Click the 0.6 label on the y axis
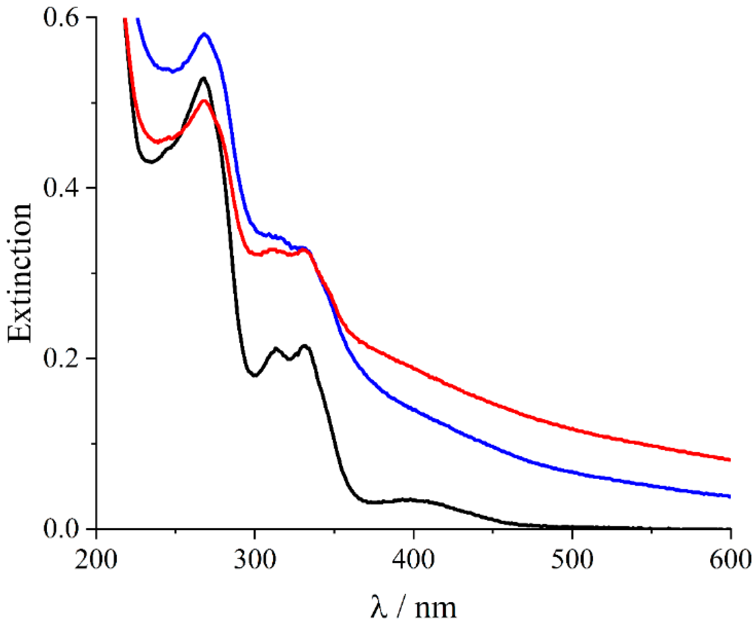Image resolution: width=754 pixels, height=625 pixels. pos(61,18)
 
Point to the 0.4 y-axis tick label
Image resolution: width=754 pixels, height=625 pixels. pos(61,188)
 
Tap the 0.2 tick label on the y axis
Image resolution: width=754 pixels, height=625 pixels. pos(61,359)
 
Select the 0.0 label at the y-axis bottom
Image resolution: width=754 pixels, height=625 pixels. pos(61,529)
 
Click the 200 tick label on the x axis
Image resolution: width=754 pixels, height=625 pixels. pos(96,560)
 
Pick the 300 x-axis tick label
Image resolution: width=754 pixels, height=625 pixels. pos(255,560)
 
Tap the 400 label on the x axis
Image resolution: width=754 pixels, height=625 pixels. pos(413,560)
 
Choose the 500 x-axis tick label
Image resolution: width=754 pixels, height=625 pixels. pos(572,560)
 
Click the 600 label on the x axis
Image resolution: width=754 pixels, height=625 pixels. pos(730,560)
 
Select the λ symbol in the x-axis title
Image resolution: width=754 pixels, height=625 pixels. pos(379,607)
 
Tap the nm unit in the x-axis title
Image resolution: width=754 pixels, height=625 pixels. pos(435,608)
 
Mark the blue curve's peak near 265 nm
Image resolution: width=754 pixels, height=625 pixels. pos(205,34)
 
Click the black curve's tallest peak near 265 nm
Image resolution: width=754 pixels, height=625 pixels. pos(204,78)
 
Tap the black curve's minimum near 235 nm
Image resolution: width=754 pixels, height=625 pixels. pos(151,162)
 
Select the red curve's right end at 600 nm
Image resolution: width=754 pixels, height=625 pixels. pos(729,460)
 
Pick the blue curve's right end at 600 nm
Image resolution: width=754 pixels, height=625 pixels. pos(729,497)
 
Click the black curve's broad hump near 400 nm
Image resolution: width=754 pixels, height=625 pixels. pos(410,499)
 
